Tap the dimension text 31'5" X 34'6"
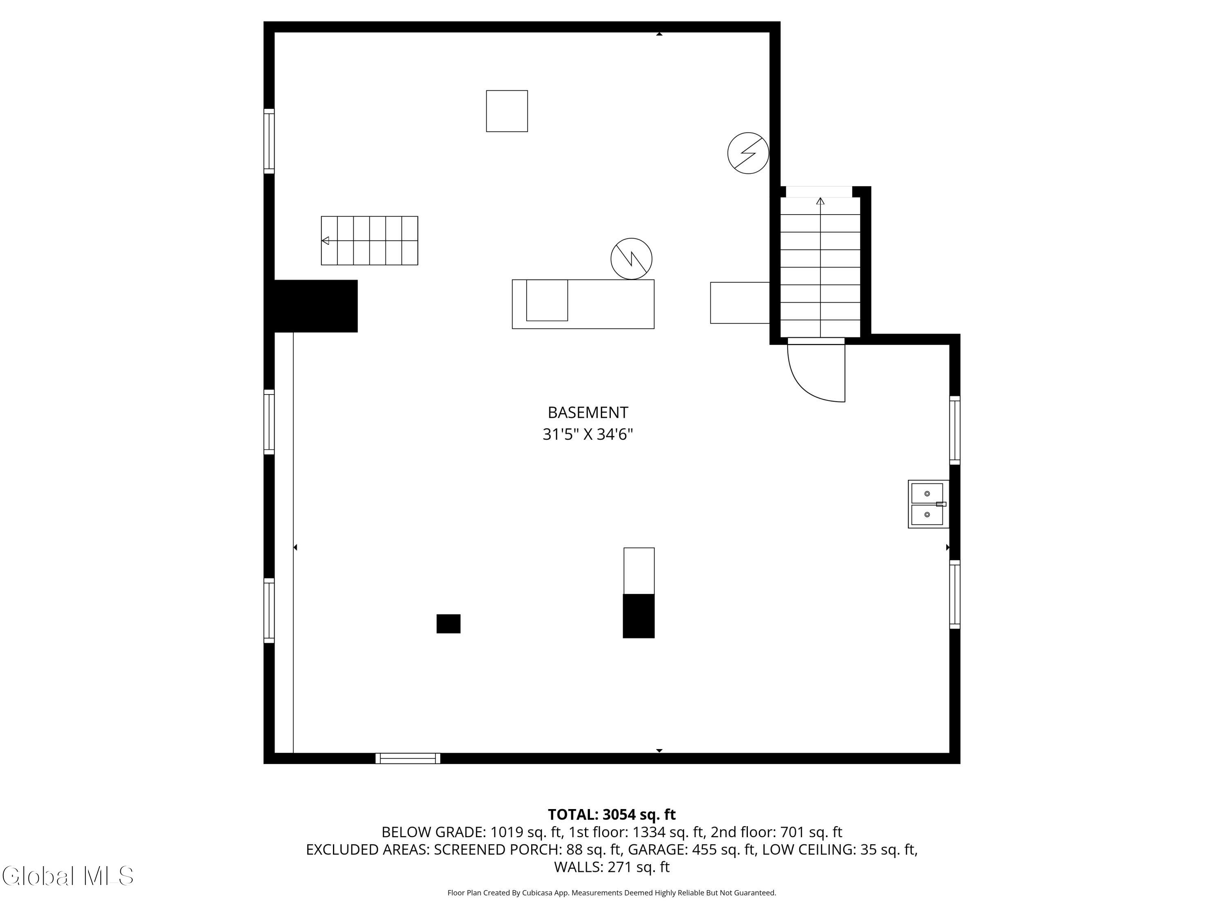[x=588, y=435]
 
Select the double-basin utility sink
[x=928, y=504]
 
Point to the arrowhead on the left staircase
[x=325, y=241]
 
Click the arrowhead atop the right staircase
[x=820, y=202]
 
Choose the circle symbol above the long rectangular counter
[x=631, y=258]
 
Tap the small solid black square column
[x=448, y=623]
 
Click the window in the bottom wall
[x=408, y=758]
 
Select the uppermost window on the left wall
[x=269, y=141]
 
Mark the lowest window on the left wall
[x=269, y=610]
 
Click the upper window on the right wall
[x=955, y=430]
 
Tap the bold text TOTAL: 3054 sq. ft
[x=612, y=814]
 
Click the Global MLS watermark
[x=67, y=876]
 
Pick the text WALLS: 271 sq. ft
[x=612, y=867]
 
